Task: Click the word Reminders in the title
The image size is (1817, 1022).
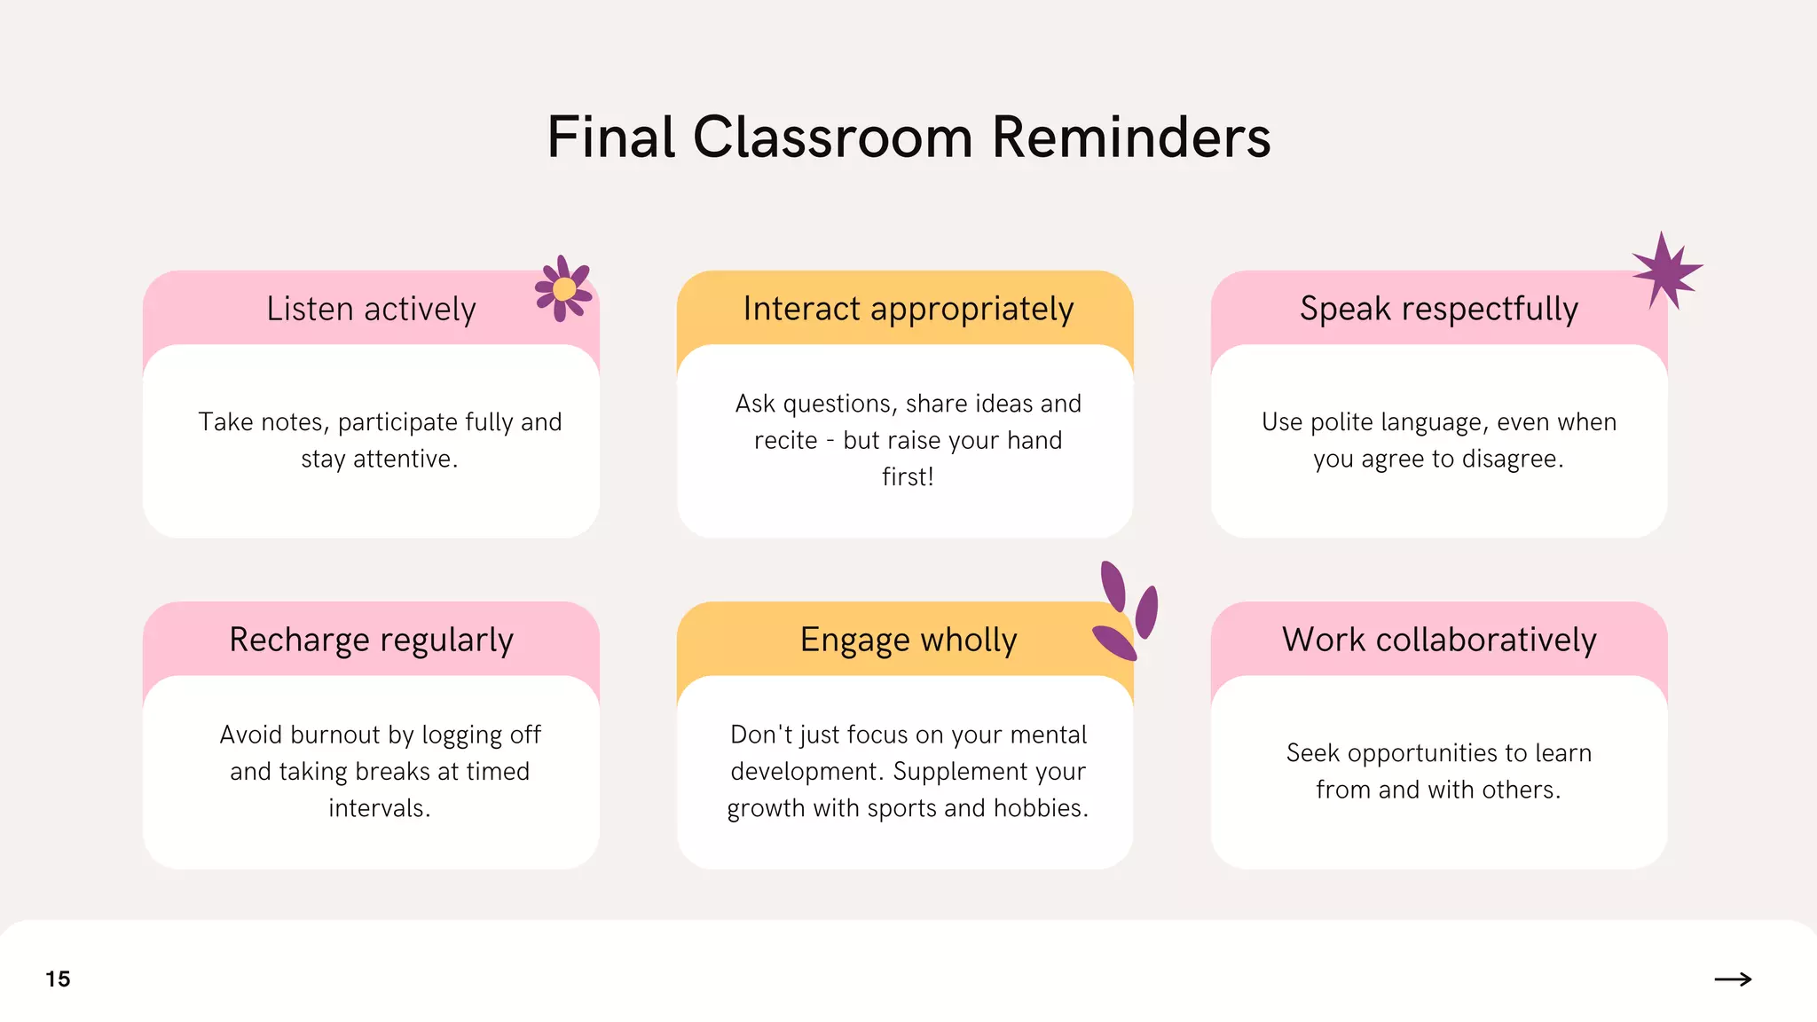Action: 1130,138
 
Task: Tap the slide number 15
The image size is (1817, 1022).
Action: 58,979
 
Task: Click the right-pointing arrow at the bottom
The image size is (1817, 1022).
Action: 1733,979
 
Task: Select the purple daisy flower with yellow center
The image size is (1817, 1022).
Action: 563,288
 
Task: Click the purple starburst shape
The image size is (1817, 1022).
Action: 1666,271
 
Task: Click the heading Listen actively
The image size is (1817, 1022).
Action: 371,309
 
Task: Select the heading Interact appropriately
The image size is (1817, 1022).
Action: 908,309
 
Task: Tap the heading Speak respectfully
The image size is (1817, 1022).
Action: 1438,309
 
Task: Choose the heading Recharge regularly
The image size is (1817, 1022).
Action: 371,640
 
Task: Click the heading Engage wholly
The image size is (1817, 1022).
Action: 908,640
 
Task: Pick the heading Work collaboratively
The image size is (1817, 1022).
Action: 1438,640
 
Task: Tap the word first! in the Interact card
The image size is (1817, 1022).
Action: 908,476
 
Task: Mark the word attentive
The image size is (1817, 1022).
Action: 405,459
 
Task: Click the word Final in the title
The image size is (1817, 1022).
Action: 611,138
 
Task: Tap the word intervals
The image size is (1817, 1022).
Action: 379,808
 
